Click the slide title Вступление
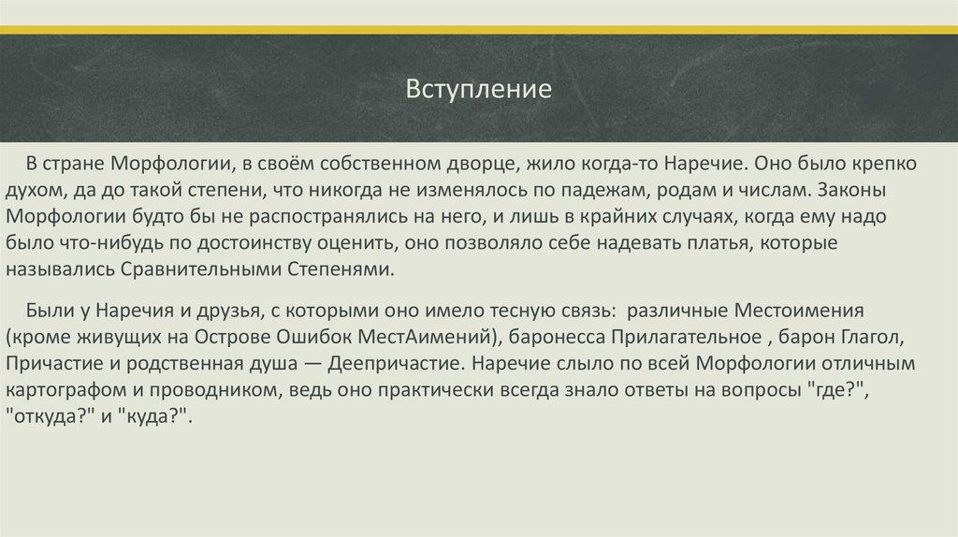tap(479, 92)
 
